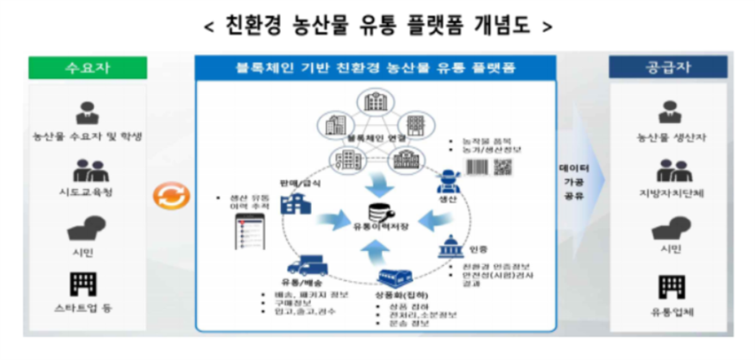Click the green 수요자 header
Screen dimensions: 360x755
pos(86,68)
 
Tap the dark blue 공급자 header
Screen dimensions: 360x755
pos(668,68)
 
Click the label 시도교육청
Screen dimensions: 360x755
pos(86,191)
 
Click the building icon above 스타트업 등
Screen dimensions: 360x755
pos(86,284)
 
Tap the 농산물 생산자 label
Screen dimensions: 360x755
pos(669,137)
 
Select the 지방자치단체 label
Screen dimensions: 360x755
pos(669,192)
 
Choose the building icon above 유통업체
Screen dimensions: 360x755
pos(669,286)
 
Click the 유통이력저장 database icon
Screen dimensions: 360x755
pos(378,213)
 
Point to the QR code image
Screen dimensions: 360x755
pos(503,166)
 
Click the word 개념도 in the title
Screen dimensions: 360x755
pos(501,26)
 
